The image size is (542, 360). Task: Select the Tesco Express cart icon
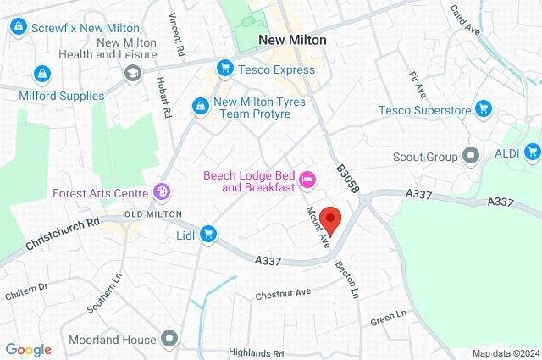[x=224, y=66]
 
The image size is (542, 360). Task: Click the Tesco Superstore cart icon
[x=484, y=108]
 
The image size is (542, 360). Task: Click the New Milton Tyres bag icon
[x=200, y=107]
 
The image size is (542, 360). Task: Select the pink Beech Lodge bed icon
[x=308, y=178]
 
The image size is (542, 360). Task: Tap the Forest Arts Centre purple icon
[x=161, y=192]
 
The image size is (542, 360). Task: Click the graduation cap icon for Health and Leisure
[x=132, y=74]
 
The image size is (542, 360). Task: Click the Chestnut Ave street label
[x=284, y=293]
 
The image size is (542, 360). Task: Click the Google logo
[x=29, y=349]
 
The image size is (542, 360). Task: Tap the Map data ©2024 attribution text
[x=506, y=353]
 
